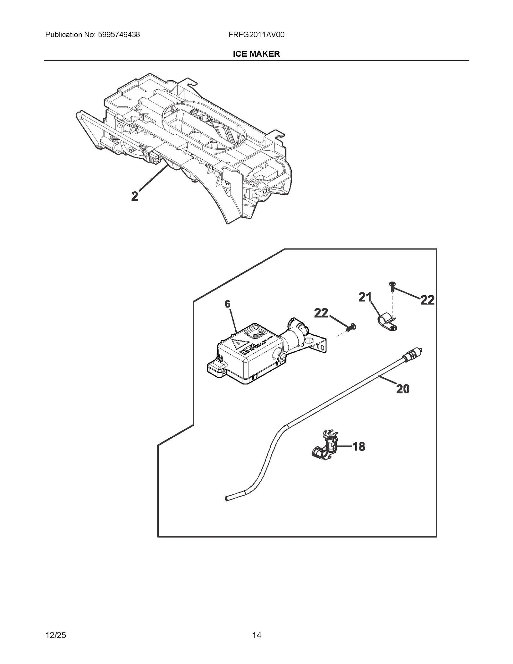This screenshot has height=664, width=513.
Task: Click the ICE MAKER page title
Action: (x=256, y=54)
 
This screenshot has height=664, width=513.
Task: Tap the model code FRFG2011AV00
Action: (x=256, y=35)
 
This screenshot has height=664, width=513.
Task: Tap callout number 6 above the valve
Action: (x=227, y=304)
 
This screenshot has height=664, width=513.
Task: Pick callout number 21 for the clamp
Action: (x=365, y=298)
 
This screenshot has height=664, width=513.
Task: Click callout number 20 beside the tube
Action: (x=403, y=389)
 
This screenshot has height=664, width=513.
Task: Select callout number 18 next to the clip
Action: (x=359, y=446)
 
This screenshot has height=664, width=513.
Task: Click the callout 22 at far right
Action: (x=427, y=300)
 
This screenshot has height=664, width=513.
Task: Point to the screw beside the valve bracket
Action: (x=351, y=328)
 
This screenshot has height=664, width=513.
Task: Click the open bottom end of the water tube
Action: (x=227, y=499)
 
